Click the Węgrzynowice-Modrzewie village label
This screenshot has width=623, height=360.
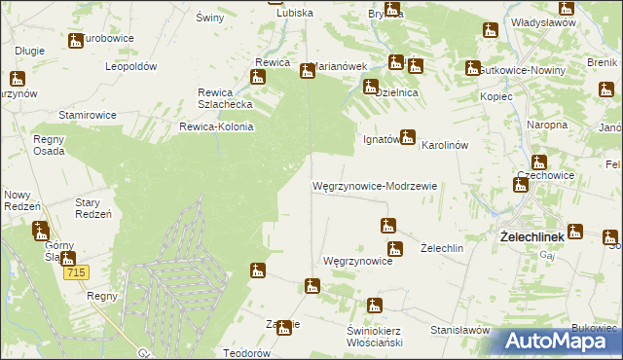click(x=375, y=185)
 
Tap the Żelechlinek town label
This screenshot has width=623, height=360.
click(x=532, y=236)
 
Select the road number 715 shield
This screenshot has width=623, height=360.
click(x=78, y=274)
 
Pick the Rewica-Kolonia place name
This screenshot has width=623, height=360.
click(x=216, y=126)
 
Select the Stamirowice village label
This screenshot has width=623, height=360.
click(x=88, y=115)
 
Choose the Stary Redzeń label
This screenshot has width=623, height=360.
click(x=94, y=208)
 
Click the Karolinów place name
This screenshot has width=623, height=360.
click(x=446, y=145)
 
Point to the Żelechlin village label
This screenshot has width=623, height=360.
click(x=441, y=248)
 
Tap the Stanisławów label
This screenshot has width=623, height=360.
click(x=459, y=330)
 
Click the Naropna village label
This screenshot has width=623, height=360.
click(x=547, y=126)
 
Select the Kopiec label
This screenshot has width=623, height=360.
click(x=496, y=98)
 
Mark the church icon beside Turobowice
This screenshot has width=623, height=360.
click(x=76, y=41)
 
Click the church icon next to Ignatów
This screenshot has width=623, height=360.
click(x=408, y=137)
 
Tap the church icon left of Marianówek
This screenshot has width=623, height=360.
click(x=307, y=70)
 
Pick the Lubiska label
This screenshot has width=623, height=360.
click(x=295, y=13)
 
